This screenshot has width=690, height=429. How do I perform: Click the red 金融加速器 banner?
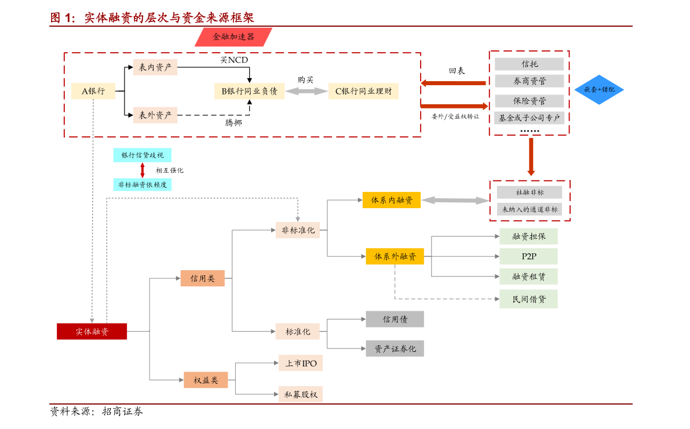click(233, 37)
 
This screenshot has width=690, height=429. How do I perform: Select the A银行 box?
click(93, 91)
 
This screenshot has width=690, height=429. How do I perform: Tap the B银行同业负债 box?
click(250, 91)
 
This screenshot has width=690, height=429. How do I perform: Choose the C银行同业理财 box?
click(363, 91)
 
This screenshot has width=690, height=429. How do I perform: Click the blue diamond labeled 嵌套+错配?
click(600, 89)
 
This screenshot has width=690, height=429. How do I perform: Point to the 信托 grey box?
click(530, 64)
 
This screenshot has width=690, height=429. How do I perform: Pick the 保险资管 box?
click(530, 101)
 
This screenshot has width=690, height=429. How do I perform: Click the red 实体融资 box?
click(92, 332)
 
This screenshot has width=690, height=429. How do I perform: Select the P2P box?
click(528, 256)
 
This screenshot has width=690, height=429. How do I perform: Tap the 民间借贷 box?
click(528, 299)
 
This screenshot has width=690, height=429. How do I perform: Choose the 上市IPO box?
click(301, 363)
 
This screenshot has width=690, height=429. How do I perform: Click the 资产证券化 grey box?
click(395, 349)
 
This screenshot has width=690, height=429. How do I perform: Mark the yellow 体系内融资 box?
click(392, 200)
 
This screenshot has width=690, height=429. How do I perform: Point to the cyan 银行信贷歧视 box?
click(142, 155)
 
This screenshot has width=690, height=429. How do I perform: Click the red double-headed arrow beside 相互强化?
click(142, 170)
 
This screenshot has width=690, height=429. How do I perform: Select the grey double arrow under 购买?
click(306, 91)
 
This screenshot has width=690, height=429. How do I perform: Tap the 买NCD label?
click(234, 60)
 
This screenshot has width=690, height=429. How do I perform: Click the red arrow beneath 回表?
click(453, 83)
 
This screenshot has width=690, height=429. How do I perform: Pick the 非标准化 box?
click(298, 230)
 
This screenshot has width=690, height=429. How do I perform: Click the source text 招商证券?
click(123, 412)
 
